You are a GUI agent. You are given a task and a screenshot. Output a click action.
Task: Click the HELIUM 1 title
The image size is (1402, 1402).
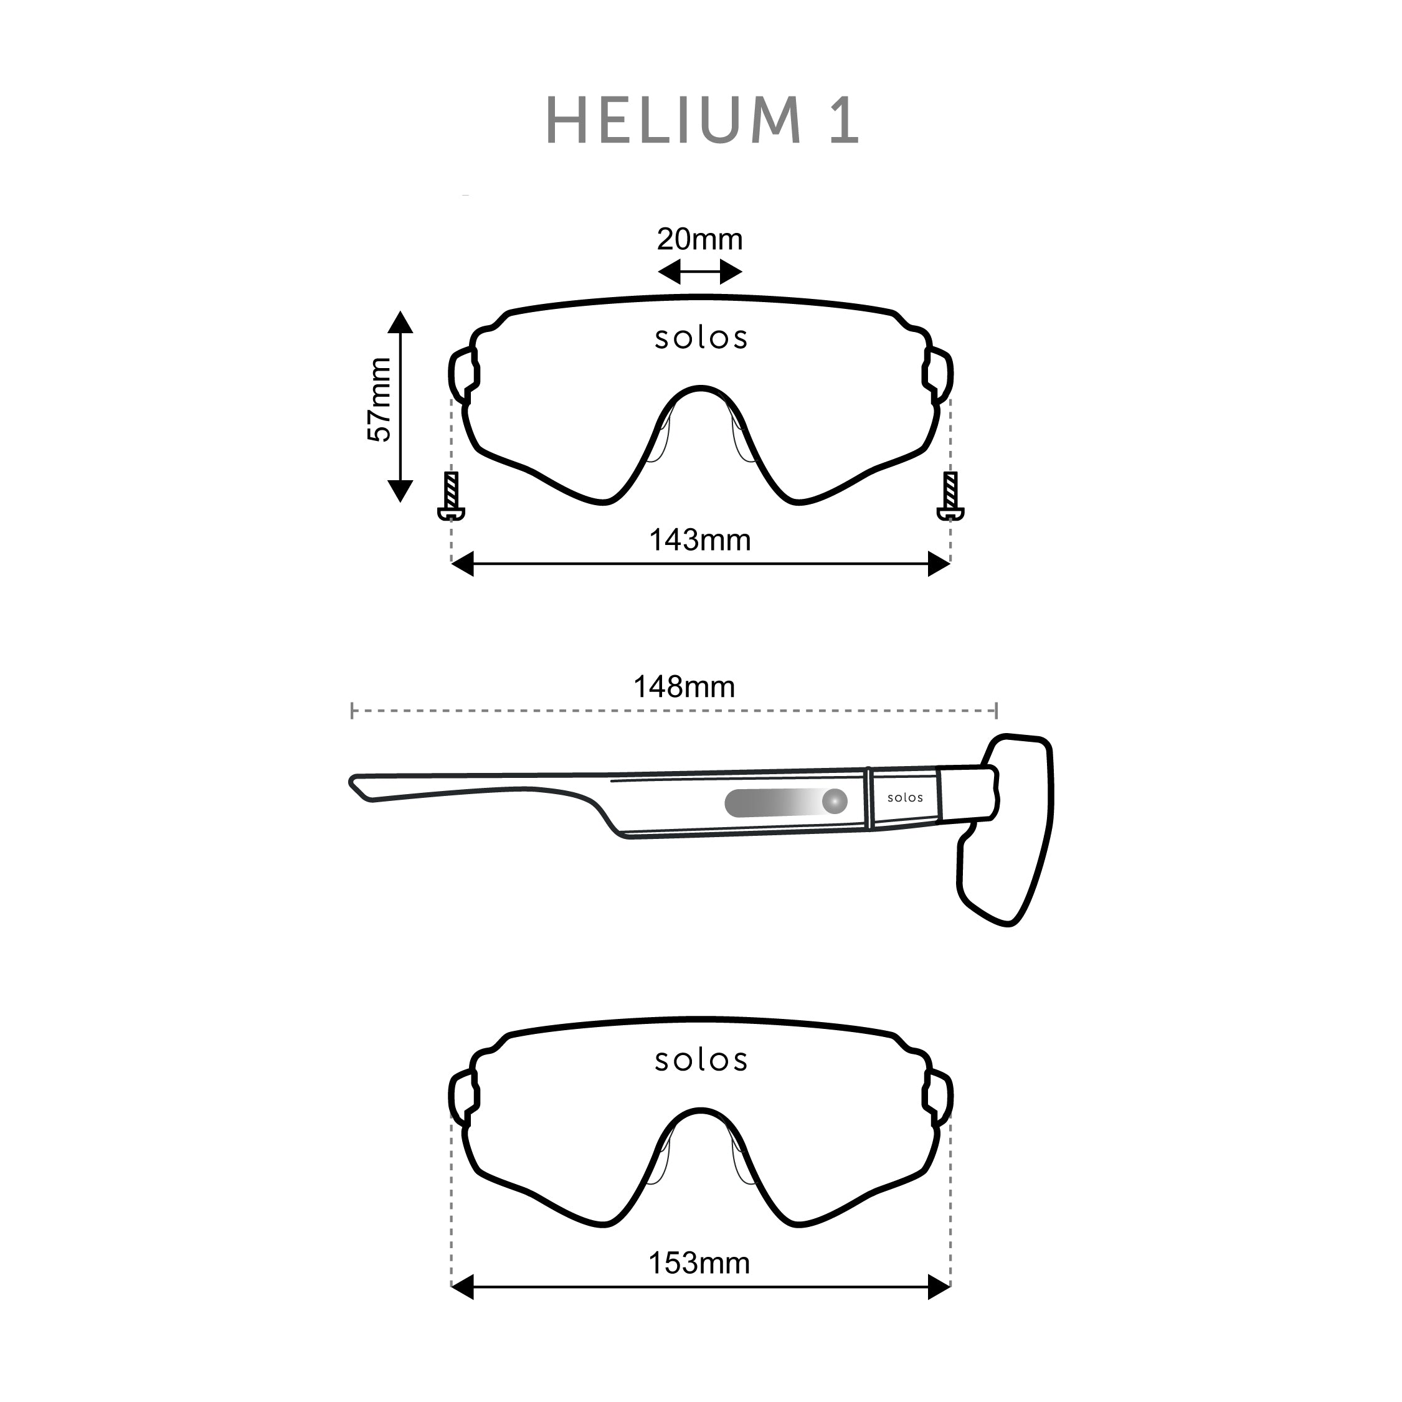point(702,120)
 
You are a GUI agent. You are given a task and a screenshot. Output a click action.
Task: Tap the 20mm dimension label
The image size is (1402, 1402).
point(699,239)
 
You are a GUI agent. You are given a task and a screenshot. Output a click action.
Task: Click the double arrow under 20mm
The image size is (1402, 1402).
point(699,273)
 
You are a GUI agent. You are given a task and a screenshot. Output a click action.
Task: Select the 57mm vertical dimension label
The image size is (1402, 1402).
point(379,400)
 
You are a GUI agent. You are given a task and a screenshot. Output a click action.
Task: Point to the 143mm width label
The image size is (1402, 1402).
point(699,541)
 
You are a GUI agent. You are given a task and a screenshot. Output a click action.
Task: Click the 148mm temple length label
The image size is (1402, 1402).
point(684,687)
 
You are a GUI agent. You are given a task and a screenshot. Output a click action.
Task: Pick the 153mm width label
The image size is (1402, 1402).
point(699,1263)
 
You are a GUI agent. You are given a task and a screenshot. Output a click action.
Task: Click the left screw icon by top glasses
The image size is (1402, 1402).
point(452,496)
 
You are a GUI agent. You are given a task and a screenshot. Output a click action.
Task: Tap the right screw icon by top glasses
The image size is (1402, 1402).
point(950,496)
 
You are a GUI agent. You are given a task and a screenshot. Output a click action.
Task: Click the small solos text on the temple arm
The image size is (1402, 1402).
point(905,797)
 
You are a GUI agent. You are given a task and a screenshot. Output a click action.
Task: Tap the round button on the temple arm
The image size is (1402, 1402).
point(835,802)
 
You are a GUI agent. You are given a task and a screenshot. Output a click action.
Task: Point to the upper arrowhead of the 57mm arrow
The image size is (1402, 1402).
point(400,322)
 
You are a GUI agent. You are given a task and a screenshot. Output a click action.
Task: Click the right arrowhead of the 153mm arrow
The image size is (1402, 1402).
point(939,1287)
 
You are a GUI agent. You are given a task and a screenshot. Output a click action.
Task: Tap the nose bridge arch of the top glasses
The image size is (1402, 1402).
point(700,392)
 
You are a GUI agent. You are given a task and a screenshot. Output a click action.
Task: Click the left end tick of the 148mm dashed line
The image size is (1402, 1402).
point(352,711)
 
